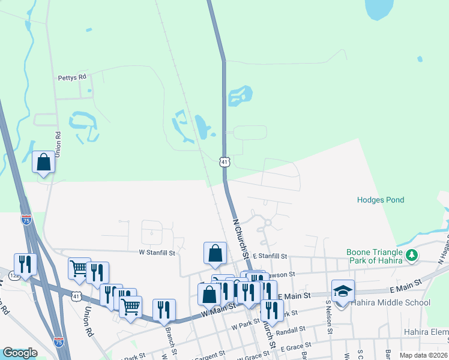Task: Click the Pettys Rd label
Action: (x=72, y=77)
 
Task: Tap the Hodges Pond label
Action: (x=381, y=200)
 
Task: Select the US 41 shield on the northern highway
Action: (x=224, y=162)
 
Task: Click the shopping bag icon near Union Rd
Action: (x=44, y=161)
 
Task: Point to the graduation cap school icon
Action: (x=343, y=291)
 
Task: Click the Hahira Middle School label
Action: (x=391, y=302)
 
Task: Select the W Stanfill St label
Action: (x=157, y=253)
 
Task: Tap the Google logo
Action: (x=20, y=353)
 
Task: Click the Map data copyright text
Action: (x=423, y=355)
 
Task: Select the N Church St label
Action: (x=241, y=237)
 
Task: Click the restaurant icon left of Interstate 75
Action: (x=25, y=264)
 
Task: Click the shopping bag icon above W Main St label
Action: (x=209, y=294)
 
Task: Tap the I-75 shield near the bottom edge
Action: (x=58, y=341)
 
